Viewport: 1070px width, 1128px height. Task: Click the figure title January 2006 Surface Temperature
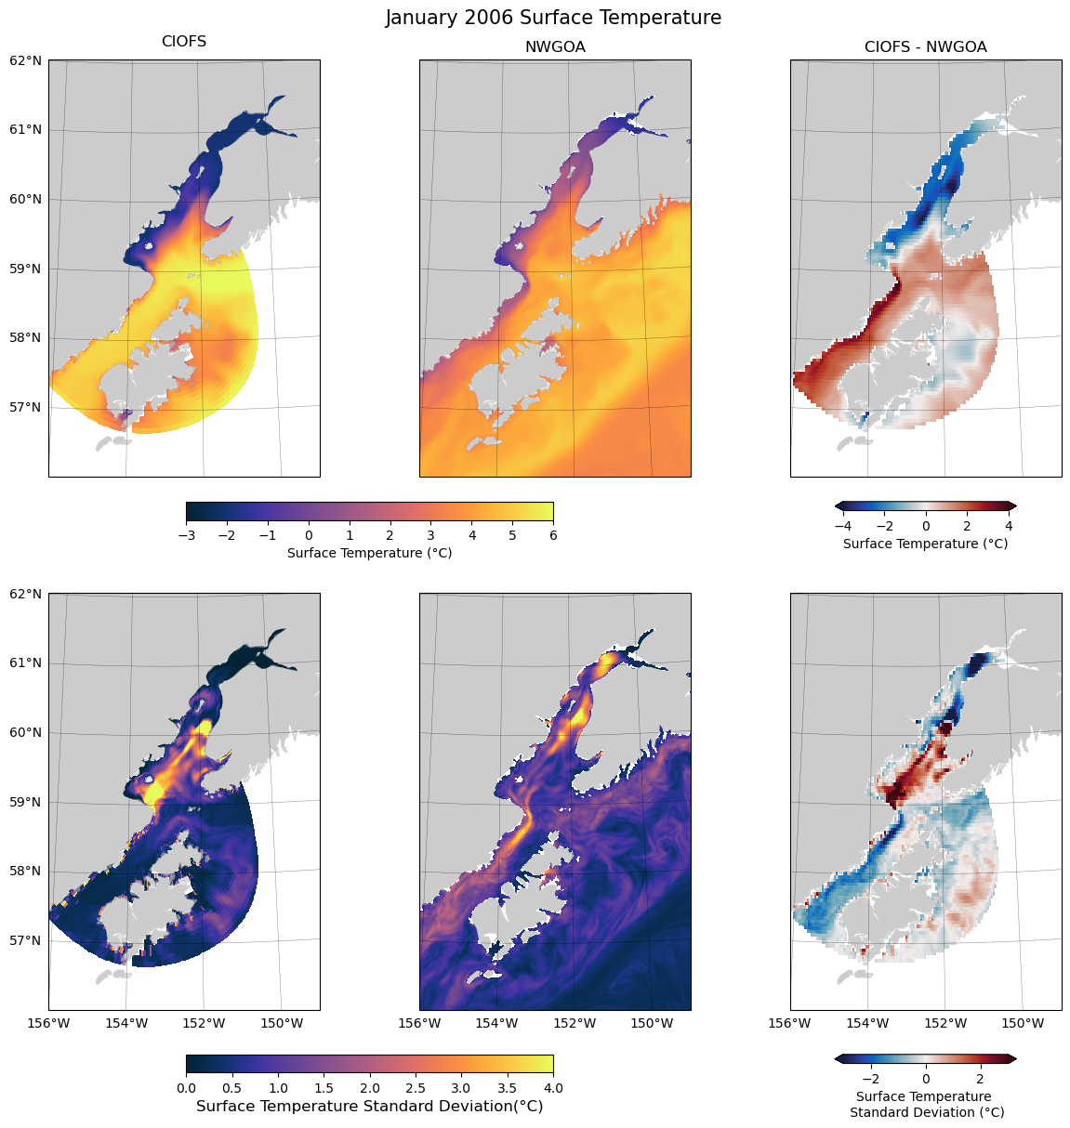pos(553,18)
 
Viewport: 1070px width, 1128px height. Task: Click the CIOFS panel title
pos(184,42)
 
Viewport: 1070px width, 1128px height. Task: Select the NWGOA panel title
pos(555,46)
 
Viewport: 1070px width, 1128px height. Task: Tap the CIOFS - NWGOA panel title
pos(925,46)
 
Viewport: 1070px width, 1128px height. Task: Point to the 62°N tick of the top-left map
pos(25,60)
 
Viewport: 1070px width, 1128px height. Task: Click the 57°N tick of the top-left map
pos(25,407)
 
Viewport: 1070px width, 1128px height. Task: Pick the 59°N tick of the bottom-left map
pos(25,802)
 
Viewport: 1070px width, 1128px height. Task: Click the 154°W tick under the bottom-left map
pos(126,1024)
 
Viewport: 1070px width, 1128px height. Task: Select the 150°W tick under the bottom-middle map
pos(652,1024)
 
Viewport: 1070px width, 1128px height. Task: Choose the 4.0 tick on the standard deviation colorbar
pos(553,1087)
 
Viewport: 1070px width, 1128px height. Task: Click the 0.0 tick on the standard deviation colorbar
pos(186,1087)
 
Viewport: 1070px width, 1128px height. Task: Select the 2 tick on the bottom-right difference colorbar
pos(980,1079)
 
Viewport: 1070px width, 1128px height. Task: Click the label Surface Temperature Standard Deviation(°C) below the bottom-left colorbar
pos(369,1107)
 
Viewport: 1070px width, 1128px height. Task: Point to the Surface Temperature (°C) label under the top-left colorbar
pos(369,553)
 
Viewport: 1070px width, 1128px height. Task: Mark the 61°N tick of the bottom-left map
pos(25,663)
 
